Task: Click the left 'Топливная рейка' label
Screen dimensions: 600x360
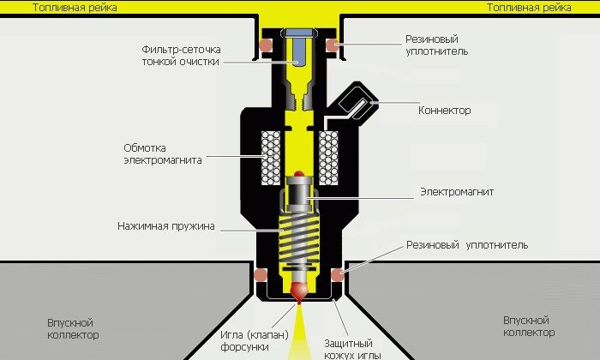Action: click(x=75, y=8)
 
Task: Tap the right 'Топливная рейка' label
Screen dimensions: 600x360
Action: click(x=529, y=8)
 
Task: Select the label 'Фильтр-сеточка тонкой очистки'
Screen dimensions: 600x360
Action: click(x=182, y=56)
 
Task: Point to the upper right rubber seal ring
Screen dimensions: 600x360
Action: click(x=332, y=45)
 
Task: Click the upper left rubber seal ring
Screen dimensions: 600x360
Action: click(x=266, y=45)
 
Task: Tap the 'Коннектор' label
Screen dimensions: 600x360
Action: click(x=444, y=111)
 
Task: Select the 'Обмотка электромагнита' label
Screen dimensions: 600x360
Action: click(x=163, y=153)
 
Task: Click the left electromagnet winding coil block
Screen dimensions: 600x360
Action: click(x=271, y=158)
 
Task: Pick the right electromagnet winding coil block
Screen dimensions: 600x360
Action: click(x=328, y=158)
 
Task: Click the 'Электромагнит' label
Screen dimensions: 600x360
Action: click(x=457, y=192)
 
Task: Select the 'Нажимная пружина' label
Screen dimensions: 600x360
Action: click(x=166, y=226)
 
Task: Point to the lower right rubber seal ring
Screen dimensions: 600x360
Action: click(x=338, y=274)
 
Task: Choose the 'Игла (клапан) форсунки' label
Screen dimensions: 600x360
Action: click(x=254, y=341)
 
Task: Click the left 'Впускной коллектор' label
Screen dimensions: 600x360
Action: click(x=73, y=328)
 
